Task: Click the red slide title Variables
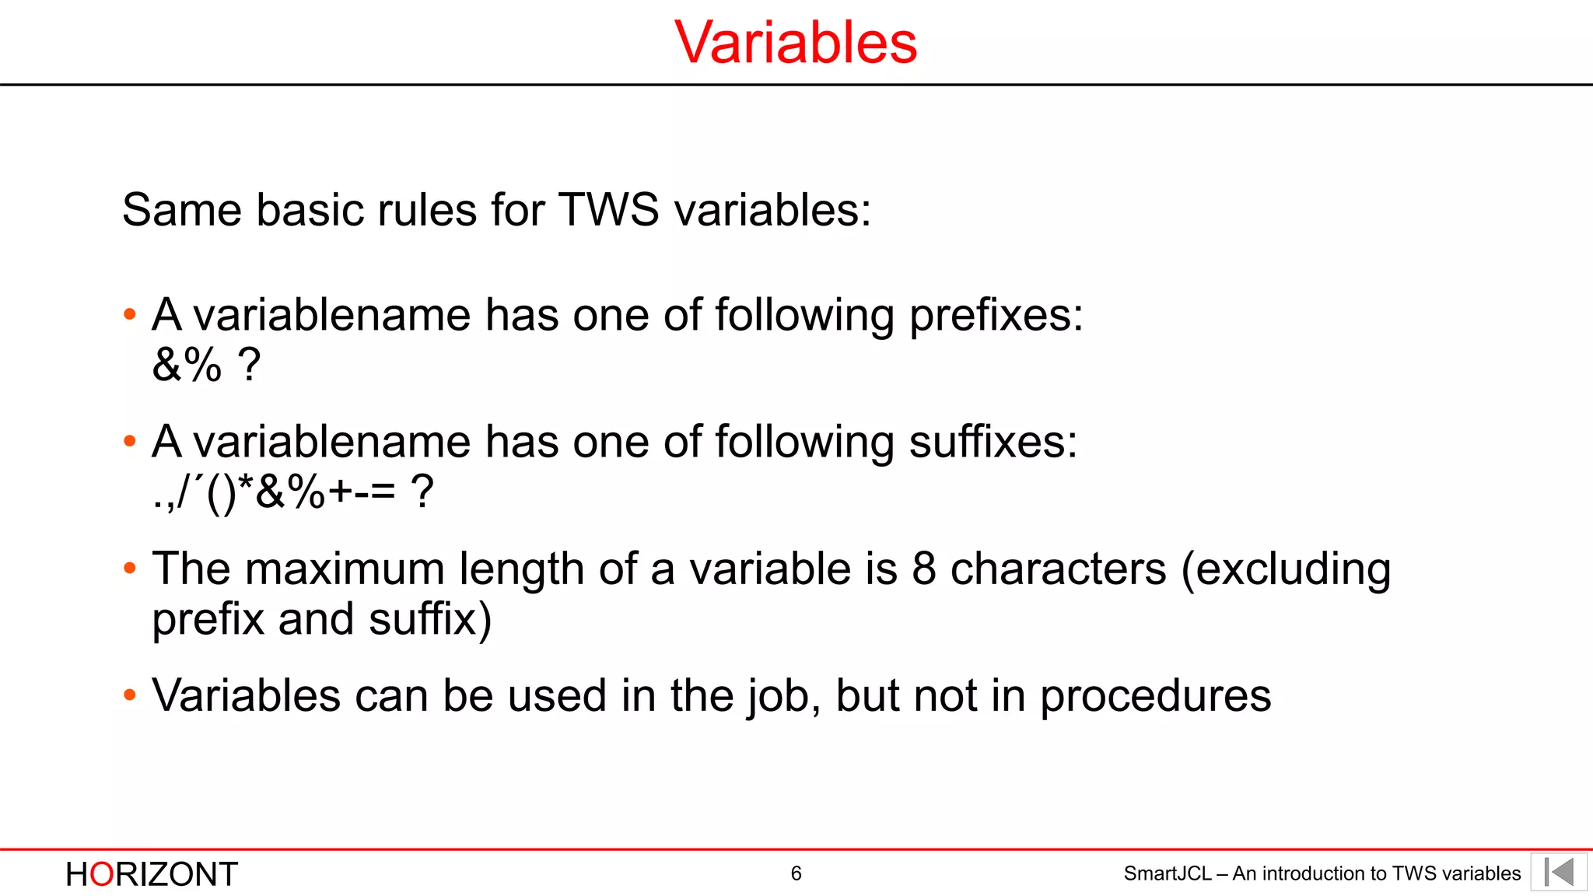point(796,42)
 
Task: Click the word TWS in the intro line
point(609,210)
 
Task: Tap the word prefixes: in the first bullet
point(996,316)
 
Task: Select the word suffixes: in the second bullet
point(993,443)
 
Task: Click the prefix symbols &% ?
point(206,365)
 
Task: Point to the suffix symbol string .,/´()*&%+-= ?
point(292,492)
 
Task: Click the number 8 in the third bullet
point(923,569)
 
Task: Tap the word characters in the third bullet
point(1059,569)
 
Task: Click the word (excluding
point(1286,570)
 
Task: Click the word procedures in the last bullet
point(1156,696)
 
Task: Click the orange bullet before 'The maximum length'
point(130,569)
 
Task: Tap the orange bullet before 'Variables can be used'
point(130,695)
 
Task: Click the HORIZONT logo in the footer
point(152,874)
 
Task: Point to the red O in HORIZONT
point(102,874)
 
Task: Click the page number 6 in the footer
point(796,873)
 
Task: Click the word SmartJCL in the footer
point(1167,873)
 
